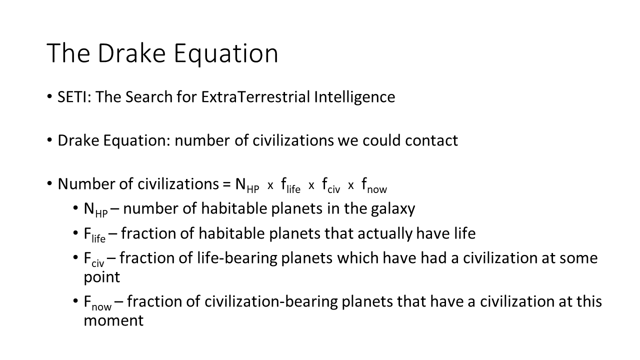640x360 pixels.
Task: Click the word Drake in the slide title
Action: tap(131, 53)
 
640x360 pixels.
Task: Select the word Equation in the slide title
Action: tap(226, 55)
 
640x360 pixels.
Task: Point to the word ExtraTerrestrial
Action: tap(255, 97)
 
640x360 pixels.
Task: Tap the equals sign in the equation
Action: tap(226, 184)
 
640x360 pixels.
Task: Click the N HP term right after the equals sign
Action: tap(247, 185)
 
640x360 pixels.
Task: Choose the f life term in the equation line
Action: tap(290, 185)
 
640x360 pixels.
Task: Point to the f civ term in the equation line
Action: tap(331, 185)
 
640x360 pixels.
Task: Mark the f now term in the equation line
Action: tap(374, 185)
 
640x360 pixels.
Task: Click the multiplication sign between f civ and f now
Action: tap(351, 185)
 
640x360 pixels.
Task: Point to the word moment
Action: tap(113, 320)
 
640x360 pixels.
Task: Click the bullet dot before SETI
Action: tap(49, 96)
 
